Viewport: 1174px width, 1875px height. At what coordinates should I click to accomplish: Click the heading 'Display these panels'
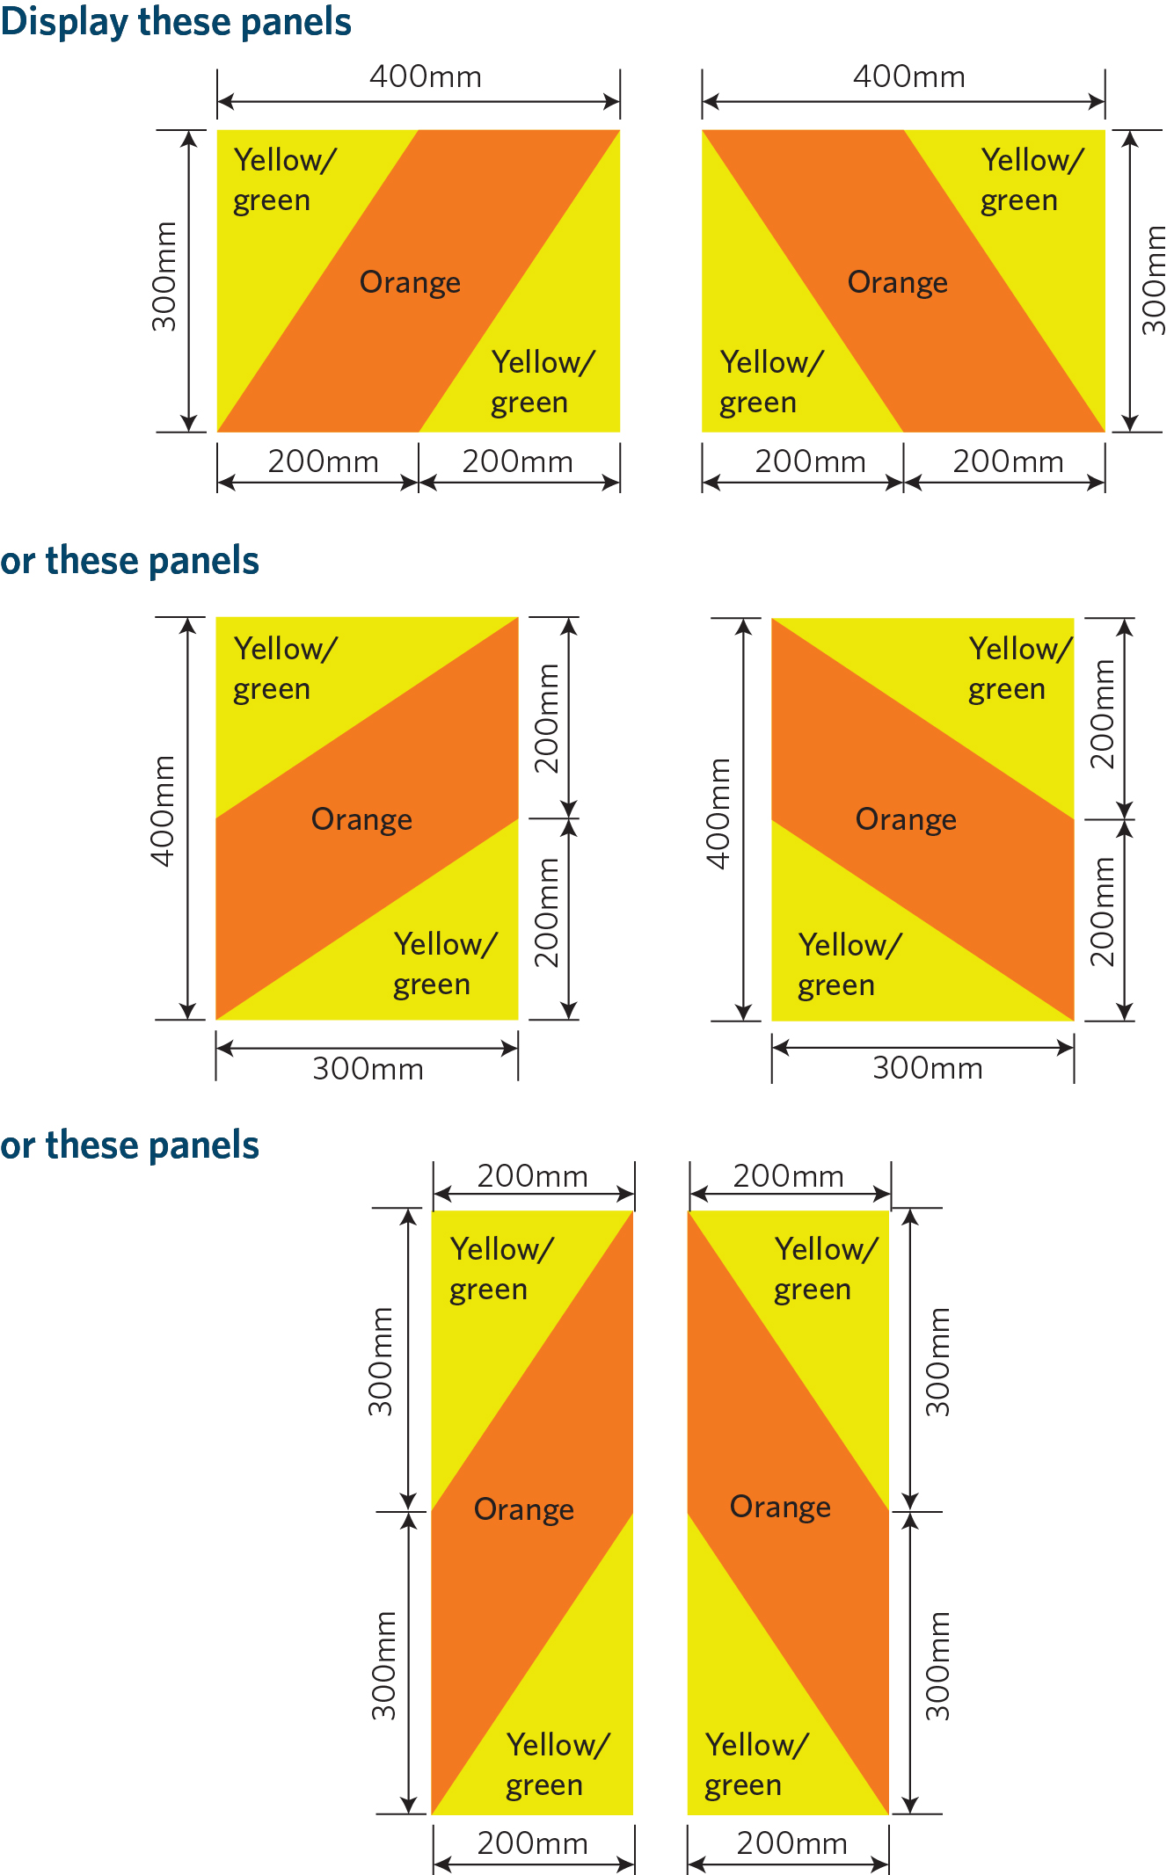tap(176, 21)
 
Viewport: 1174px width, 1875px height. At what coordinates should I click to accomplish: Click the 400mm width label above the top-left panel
tap(425, 77)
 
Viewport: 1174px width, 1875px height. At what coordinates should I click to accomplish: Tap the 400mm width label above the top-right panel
tap(908, 77)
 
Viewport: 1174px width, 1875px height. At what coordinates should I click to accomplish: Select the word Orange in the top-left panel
tap(410, 282)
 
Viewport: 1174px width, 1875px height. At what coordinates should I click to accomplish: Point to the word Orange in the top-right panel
tap(897, 282)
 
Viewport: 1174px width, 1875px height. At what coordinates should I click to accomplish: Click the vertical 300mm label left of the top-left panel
tap(164, 277)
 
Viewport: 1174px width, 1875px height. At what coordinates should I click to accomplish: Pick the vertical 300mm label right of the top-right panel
tap(1153, 280)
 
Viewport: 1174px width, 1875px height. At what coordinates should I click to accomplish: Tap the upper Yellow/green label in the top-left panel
tap(283, 179)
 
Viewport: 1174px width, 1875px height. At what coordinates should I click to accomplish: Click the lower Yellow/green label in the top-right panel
tap(770, 382)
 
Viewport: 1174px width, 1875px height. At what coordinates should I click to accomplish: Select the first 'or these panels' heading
tap(129, 561)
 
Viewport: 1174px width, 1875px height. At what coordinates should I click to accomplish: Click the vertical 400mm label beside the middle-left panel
tap(164, 810)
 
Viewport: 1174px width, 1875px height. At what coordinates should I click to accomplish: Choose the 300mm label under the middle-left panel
tap(368, 1069)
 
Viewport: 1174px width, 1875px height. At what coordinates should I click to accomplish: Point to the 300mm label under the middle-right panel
tap(927, 1068)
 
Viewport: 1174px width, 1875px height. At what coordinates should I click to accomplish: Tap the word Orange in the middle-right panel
tap(905, 819)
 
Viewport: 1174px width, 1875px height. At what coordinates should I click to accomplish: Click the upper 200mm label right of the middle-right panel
tap(1102, 714)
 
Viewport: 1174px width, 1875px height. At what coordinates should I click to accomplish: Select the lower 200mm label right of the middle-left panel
tap(547, 912)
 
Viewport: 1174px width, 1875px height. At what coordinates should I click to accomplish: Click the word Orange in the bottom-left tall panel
tap(523, 1509)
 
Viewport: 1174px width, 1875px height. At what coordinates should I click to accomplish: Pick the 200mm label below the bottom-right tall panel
tap(791, 1843)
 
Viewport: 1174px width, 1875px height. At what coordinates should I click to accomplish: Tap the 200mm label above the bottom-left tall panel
tap(532, 1176)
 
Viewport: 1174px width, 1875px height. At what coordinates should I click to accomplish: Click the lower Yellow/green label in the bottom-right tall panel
tap(755, 1764)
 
